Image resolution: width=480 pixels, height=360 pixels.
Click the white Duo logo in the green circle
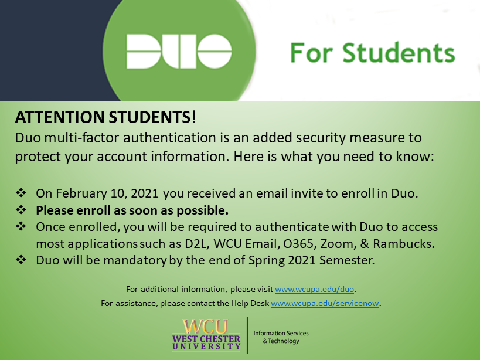pos(179,51)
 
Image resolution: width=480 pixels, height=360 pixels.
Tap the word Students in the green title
pos(399,53)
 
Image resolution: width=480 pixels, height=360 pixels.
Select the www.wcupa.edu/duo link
pos(314,289)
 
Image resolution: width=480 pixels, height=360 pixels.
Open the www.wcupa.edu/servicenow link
pos(325,303)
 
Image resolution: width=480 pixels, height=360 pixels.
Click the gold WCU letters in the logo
pos(206,327)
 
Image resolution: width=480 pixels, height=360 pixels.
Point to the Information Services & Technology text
pos(281,337)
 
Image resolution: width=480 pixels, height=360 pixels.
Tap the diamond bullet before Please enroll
pos(21,210)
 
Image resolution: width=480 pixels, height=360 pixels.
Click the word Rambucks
pos(404,244)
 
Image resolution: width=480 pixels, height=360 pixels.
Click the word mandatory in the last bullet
pos(135,260)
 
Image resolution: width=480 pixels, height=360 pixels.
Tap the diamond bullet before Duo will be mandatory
pos(21,260)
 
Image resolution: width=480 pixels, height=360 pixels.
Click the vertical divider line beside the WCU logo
pos(247,335)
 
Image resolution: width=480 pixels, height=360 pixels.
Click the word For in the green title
pos(311,53)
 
